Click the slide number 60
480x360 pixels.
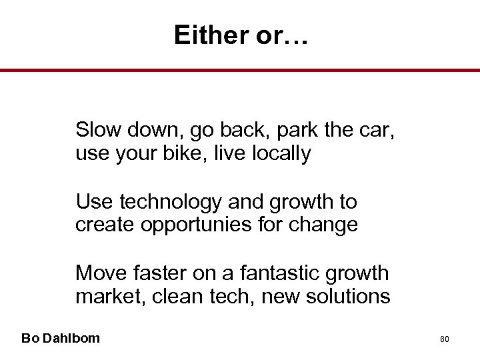tap(445, 339)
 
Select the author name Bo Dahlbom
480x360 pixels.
tap(61, 338)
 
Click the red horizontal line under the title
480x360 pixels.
tap(240, 70)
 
